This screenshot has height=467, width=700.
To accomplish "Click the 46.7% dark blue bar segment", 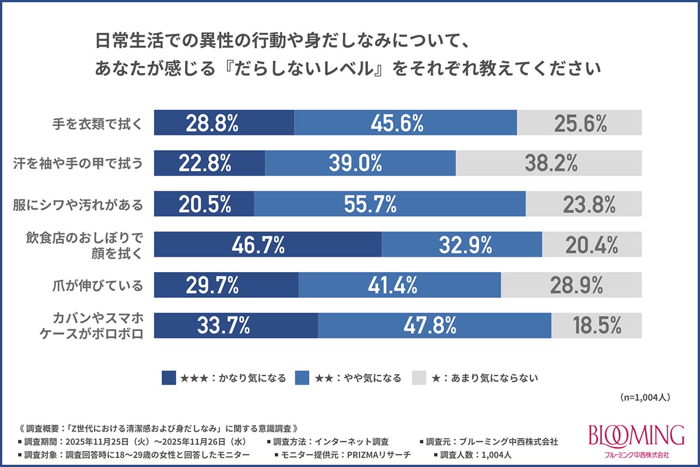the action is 268,244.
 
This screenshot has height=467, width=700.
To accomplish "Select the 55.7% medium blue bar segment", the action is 390,204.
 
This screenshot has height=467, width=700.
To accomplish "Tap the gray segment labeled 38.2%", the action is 549,163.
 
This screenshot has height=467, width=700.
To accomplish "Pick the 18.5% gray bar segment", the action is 597,325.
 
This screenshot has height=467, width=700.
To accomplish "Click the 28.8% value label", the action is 212,123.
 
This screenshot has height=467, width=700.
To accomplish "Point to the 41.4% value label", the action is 393,285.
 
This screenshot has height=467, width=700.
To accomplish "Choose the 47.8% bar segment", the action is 435,325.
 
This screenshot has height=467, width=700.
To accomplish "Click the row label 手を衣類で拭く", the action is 97,124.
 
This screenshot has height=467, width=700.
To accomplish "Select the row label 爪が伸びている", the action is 97,285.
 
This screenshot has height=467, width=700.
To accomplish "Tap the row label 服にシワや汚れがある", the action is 78,205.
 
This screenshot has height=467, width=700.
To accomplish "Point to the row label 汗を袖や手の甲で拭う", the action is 78,163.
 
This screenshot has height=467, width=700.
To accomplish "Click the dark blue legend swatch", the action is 169,378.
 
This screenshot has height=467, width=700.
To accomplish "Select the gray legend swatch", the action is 419,378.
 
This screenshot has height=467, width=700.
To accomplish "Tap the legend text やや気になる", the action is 373,378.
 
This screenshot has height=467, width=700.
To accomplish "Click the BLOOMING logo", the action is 636,440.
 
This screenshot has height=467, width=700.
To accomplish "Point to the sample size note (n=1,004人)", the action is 645,398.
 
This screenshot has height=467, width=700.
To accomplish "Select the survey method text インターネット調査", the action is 351,442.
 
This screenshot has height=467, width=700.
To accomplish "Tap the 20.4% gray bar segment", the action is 592,244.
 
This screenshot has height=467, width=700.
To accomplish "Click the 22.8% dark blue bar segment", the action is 209,163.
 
